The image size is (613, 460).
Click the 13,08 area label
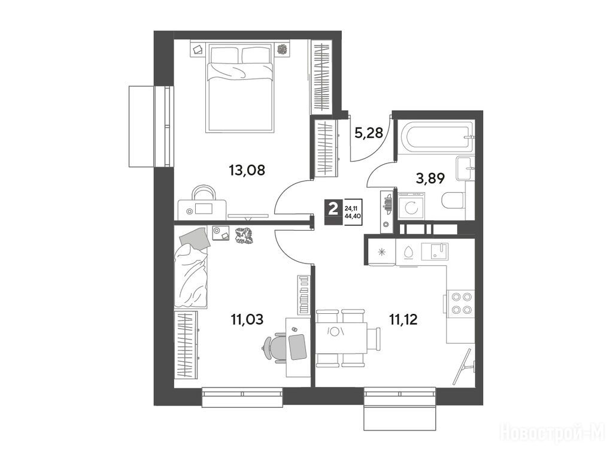[x=247, y=170]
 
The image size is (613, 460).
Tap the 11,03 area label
[x=247, y=320]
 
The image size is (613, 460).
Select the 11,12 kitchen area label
[x=403, y=320]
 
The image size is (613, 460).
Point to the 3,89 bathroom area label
[x=430, y=178]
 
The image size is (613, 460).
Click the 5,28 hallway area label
[x=368, y=134]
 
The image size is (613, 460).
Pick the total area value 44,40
[x=353, y=215]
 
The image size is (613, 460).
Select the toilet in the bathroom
[x=453, y=201]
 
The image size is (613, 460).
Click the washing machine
[x=411, y=205]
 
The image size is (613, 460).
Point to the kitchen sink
[x=435, y=252]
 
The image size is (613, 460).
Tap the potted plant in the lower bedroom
[x=244, y=236]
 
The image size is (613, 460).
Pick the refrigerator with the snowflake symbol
[x=381, y=252]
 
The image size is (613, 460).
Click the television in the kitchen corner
[x=465, y=366]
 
